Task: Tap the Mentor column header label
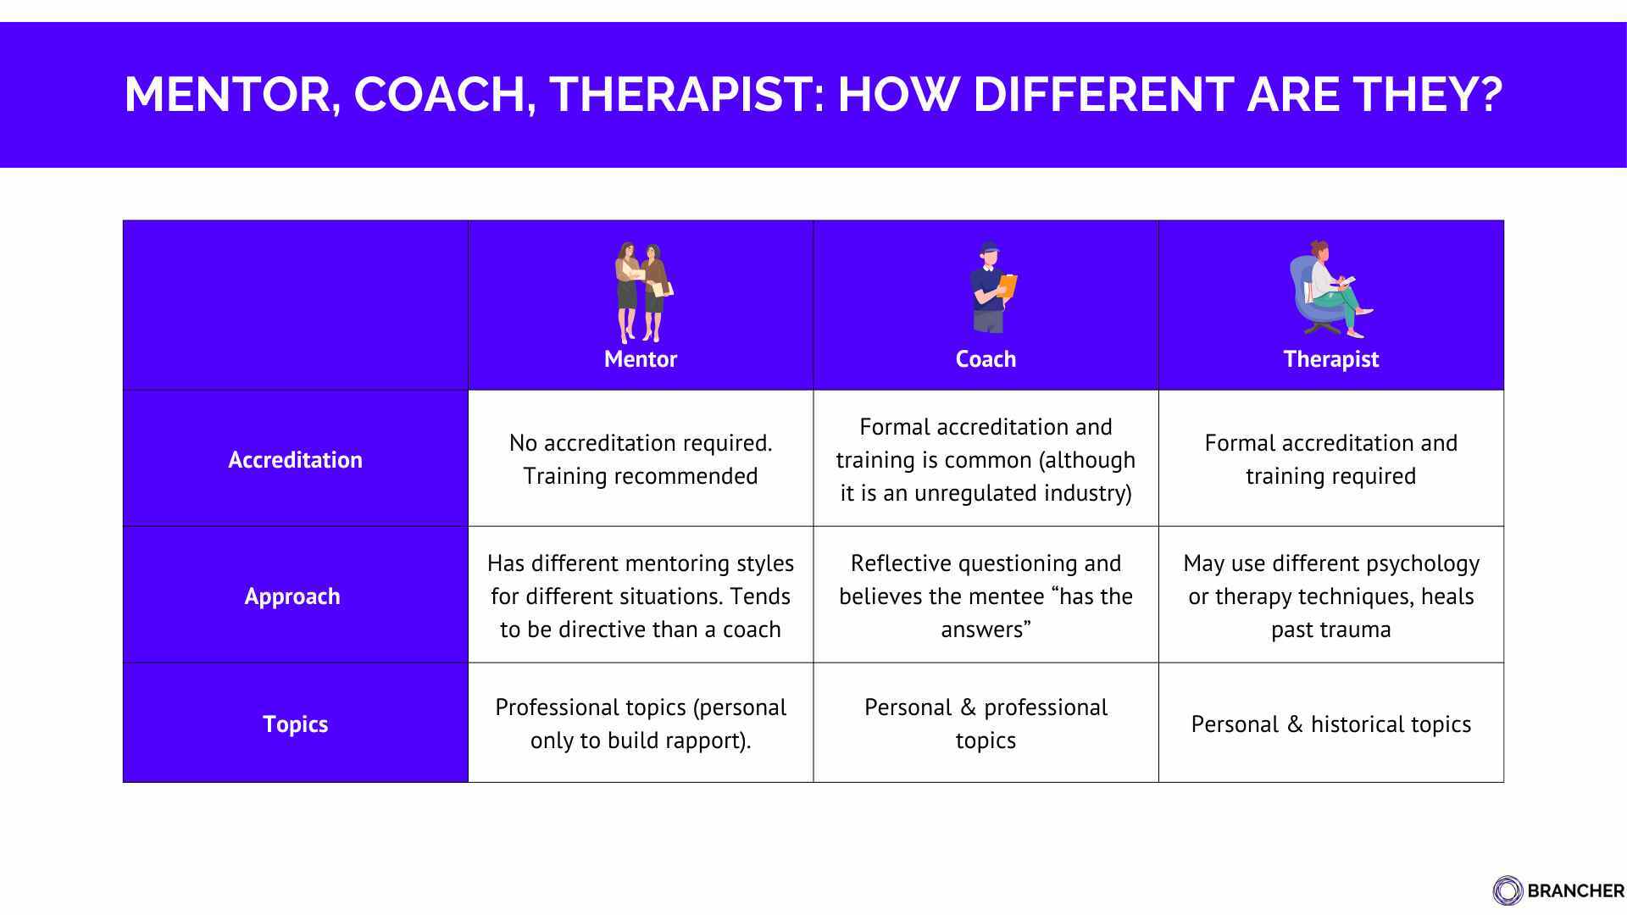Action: click(641, 359)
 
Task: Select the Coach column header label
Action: click(986, 359)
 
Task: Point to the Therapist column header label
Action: click(1330, 359)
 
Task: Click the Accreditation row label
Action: click(295, 460)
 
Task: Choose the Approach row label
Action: click(292, 596)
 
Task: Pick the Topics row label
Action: click(295, 724)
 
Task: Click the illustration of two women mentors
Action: click(641, 292)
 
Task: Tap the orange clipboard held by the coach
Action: click(1008, 286)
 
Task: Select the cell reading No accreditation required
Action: click(641, 459)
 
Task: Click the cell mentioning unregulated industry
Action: click(986, 460)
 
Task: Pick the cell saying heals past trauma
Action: click(1330, 596)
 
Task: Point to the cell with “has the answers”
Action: click(986, 596)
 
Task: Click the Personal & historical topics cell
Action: click(1330, 724)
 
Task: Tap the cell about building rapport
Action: click(641, 724)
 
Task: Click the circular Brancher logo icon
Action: click(1508, 890)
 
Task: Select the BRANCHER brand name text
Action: click(1575, 891)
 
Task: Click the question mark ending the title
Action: click(1488, 94)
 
